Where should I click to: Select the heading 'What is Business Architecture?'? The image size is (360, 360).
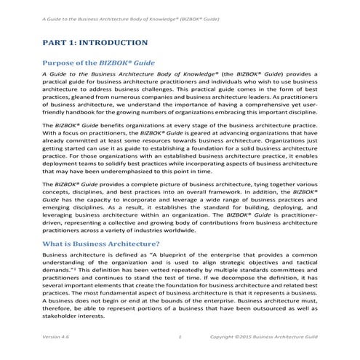[102, 244]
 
